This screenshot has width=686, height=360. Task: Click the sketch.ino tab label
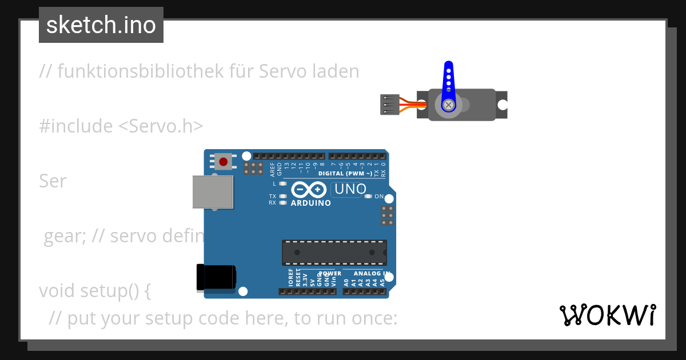tap(101, 25)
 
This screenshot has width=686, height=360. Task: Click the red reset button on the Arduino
tap(223, 162)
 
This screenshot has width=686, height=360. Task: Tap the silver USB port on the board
tap(213, 191)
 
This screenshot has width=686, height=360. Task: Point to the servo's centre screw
tap(449, 105)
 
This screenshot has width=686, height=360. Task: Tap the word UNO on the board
tap(350, 189)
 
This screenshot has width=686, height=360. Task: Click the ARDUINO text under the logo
tap(310, 203)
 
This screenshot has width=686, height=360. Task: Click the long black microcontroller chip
tap(334, 252)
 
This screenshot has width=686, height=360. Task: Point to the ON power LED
tap(369, 197)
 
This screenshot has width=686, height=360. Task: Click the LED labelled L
tap(282, 184)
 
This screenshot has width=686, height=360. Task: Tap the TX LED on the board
tap(282, 197)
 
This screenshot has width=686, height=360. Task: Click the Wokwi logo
tap(608, 315)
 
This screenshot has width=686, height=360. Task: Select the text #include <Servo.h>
tap(121, 126)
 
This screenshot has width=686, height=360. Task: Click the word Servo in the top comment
tap(283, 71)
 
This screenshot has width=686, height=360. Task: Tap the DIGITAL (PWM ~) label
tap(345, 173)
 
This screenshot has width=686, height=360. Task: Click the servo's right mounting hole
tap(502, 105)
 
